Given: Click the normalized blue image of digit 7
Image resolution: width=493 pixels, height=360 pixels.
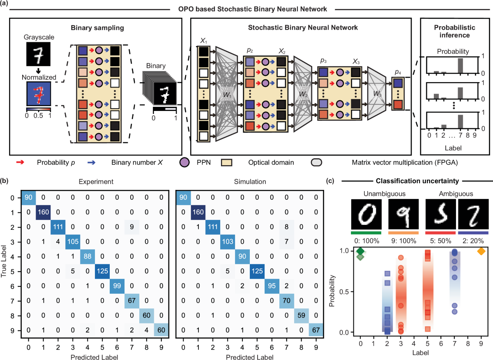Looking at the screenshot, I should pyautogui.click(x=38, y=93).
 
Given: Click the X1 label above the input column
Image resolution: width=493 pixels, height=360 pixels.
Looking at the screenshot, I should pyautogui.click(x=204, y=42).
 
